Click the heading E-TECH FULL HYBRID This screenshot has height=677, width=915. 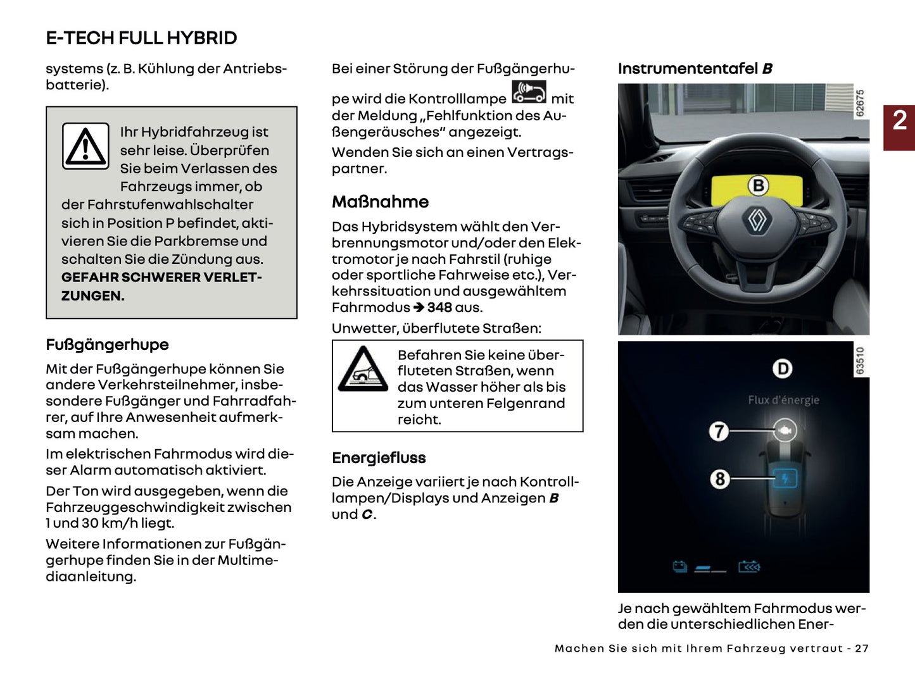coord(141,38)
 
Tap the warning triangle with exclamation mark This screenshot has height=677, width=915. coord(85,146)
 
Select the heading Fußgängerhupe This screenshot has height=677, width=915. coord(107,345)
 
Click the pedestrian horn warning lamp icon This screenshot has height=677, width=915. coord(529,92)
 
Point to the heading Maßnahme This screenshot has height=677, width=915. coord(380,202)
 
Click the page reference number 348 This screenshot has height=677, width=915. coord(439,307)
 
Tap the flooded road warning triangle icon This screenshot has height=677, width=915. coord(363,370)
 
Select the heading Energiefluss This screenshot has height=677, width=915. coord(379,458)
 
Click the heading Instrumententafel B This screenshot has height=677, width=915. coord(695,68)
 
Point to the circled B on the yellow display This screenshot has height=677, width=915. coord(758,185)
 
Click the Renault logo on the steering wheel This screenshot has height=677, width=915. coord(757,220)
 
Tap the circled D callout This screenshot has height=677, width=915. coord(783,368)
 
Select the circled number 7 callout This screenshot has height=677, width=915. coord(719,432)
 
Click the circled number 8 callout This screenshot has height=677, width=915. coord(719,479)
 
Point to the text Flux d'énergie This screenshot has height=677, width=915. coord(783,400)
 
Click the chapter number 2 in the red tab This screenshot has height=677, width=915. coord(899,120)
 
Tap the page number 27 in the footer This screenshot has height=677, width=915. coord(861,649)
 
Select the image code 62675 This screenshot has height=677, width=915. coord(860,103)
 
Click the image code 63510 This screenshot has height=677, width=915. coord(860,361)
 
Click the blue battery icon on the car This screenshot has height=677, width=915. coord(785,478)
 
